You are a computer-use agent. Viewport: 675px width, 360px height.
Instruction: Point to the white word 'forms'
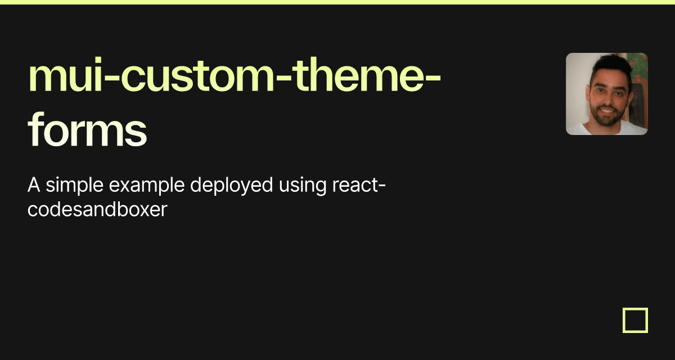87,130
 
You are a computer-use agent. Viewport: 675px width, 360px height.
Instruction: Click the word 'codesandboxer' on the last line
97,210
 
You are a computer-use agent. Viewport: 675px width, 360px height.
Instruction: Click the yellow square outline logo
635,320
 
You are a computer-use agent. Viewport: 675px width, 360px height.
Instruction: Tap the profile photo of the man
606,94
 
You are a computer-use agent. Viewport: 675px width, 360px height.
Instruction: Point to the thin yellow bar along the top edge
337,2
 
